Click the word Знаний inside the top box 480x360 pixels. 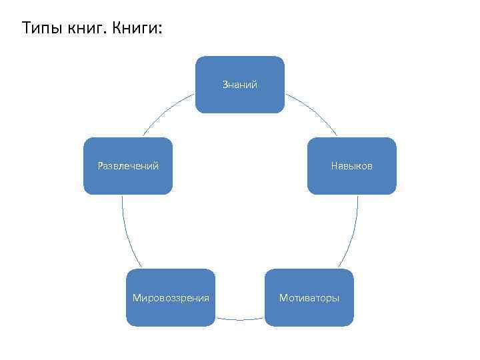coord(240,85)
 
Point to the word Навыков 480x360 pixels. coord(351,165)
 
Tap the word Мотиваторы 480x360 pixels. coord(309,297)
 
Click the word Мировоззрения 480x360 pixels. coord(171,297)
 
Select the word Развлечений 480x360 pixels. coord(128,165)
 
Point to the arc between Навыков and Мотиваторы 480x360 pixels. coord(351,233)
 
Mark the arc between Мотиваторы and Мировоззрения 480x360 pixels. coord(240,319)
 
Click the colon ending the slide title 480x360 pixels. coord(160,31)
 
